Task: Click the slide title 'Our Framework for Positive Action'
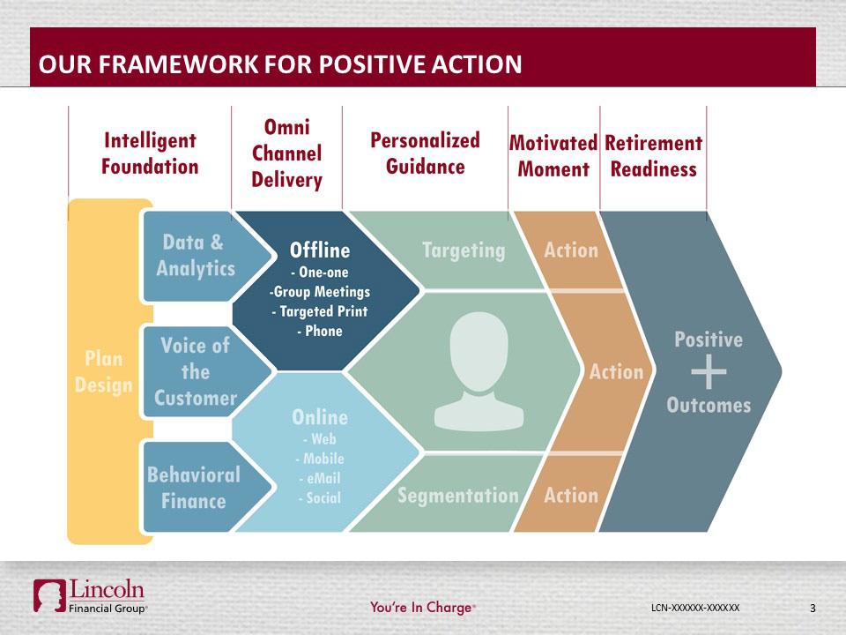280,63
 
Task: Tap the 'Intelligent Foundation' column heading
150,153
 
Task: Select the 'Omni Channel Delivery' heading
286,153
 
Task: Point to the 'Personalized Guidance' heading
425,153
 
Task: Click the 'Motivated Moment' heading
553,156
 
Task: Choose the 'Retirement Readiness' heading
653,156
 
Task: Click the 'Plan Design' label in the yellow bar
104,372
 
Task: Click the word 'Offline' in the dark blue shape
320,250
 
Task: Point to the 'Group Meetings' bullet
319,292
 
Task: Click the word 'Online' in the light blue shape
320,417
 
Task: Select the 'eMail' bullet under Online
320,478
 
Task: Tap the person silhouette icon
479,371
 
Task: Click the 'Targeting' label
464,250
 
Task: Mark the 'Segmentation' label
458,495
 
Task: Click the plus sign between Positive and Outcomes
709,372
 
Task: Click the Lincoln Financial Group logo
90,597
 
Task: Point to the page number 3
813,608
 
